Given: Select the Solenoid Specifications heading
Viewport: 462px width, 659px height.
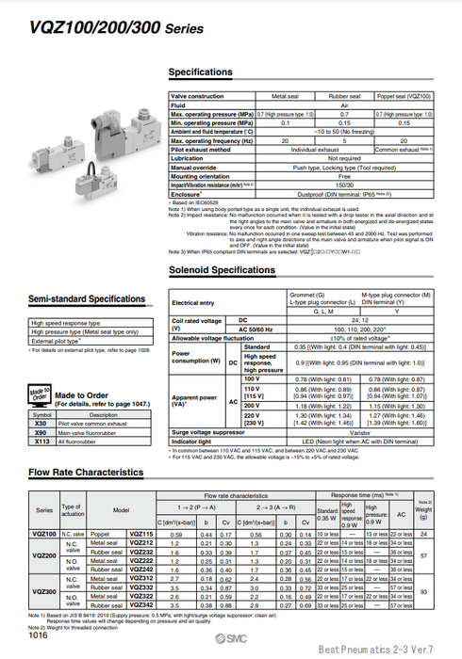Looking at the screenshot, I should pyautogui.click(x=222, y=270).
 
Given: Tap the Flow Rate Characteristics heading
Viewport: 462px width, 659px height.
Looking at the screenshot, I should pyautogui.click(x=86, y=472).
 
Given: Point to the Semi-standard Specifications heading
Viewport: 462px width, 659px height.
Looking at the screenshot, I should pyautogui.click(x=86, y=299).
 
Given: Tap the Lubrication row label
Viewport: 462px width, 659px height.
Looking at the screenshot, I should pyautogui.click(x=192, y=158).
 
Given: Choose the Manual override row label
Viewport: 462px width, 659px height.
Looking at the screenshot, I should pyautogui.click(x=197, y=167).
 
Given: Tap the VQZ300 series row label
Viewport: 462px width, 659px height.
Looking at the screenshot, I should pyautogui.click(x=44, y=590).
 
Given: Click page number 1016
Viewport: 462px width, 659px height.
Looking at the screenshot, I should pyautogui.click(x=39, y=636).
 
